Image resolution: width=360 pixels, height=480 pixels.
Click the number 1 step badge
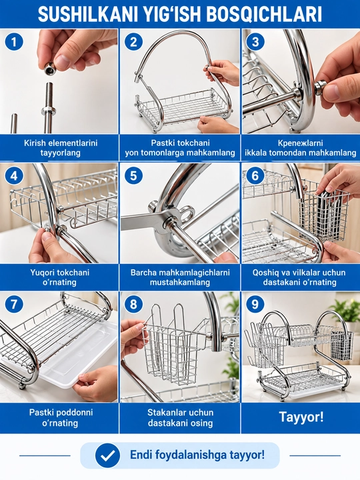coord(14,42)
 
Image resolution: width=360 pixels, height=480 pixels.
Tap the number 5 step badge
coord(133,176)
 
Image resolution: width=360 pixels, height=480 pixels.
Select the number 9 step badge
coord(255,304)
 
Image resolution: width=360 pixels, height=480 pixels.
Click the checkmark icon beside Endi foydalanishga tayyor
coord(107,455)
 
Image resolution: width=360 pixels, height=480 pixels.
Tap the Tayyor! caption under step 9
coord(301,417)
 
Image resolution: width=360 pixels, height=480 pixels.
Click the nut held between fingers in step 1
coord(49,68)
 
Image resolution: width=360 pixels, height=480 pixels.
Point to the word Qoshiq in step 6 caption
coord(265,273)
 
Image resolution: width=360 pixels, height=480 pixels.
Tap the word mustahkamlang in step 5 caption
coord(180,282)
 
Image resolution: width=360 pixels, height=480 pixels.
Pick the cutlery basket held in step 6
coord(323,214)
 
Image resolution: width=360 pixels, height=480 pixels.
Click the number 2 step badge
coord(133,42)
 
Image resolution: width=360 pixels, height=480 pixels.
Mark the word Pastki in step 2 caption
coord(163,143)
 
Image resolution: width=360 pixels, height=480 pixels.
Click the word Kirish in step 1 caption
coord(35,143)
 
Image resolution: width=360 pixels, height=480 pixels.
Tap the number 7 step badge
coord(14,304)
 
